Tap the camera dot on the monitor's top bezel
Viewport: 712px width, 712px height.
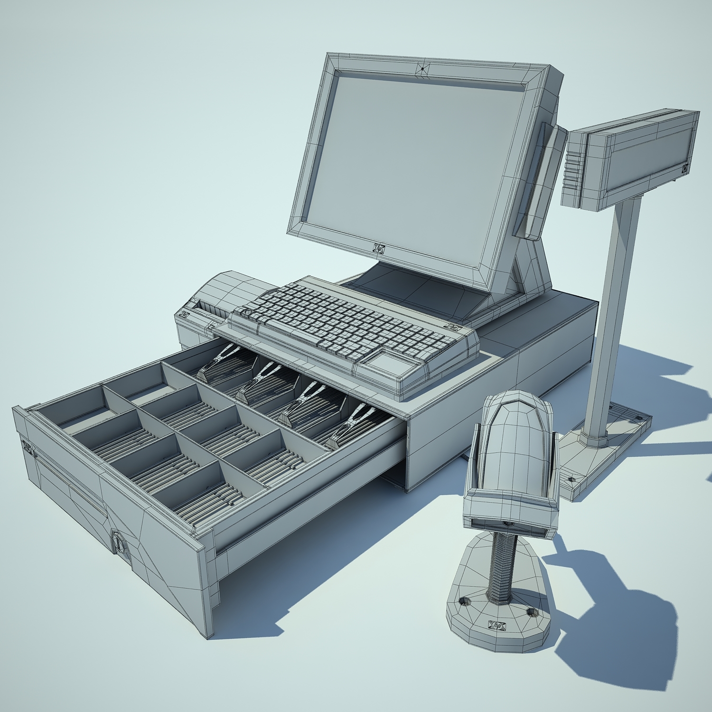coord(422,69)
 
